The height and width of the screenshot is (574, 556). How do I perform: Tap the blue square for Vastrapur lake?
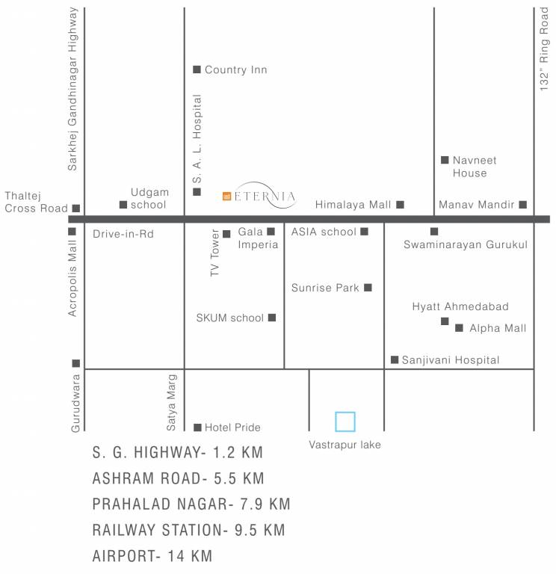coord(345,422)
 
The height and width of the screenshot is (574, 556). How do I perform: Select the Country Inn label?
coord(235,70)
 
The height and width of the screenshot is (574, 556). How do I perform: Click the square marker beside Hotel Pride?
coord(197,428)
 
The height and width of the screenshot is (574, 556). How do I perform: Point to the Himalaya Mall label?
coord(353,204)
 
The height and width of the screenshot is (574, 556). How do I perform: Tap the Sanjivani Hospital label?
coord(451,360)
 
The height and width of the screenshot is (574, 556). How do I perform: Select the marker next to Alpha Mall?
coord(459,327)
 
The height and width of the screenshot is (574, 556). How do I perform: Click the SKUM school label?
coord(230,318)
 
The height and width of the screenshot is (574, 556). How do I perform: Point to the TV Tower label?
coord(214,254)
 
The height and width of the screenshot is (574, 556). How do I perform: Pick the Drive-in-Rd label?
coord(123,234)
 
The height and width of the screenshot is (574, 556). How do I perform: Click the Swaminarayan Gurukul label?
coord(466,244)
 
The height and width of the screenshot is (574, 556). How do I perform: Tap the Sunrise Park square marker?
coord(367,287)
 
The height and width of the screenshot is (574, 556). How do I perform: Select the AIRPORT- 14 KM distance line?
coord(152,556)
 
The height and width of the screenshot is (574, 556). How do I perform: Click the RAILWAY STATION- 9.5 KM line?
coord(189,531)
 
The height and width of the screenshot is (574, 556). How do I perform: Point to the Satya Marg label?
coord(171,402)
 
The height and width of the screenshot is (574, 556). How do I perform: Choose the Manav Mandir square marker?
coord(522,204)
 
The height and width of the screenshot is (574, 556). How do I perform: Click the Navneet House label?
coord(469,167)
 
